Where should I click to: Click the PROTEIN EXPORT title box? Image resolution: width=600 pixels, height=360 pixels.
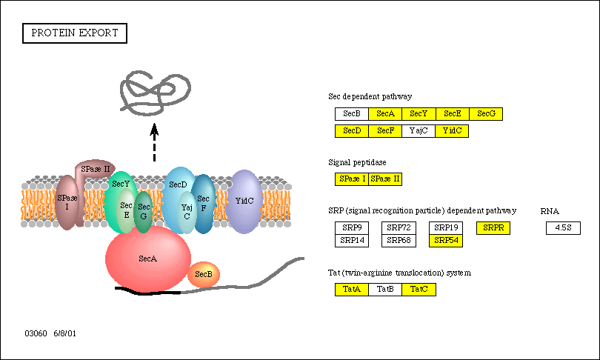(76, 33)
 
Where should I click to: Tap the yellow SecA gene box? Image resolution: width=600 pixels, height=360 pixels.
(385, 113)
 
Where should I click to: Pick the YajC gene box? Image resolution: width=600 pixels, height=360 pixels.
(419, 131)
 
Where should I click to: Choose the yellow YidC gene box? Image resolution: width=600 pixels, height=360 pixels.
(452, 131)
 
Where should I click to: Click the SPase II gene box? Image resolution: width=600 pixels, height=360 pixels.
(385, 179)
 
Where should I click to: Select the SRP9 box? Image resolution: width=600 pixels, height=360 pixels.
(352, 228)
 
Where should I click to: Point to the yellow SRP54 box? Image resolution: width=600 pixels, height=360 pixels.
(447, 240)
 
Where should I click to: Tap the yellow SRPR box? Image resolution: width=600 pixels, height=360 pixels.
(493, 228)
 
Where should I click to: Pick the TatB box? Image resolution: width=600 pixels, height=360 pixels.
(385, 290)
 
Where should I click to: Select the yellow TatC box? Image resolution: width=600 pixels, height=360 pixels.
(419, 290)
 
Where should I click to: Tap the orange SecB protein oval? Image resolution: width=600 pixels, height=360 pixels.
(204, 275)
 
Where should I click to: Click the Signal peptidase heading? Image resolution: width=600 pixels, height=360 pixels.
(357, 161)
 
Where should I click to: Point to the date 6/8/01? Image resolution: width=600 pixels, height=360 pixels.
(64, 334)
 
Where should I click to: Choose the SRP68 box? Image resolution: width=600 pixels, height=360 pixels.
(399, 240)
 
